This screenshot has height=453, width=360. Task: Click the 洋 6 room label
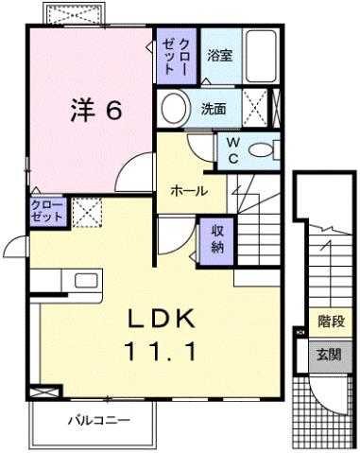[95, 110]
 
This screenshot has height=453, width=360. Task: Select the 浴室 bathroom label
[220, 55]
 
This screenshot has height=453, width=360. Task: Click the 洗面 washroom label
[214, 108]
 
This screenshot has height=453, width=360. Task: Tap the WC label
[232, 150]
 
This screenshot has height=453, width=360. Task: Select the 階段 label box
[331, 321]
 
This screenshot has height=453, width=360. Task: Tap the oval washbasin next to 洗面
[173, 108]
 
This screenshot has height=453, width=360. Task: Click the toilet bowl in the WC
[266, 149]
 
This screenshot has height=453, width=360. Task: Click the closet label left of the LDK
[47, 210]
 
